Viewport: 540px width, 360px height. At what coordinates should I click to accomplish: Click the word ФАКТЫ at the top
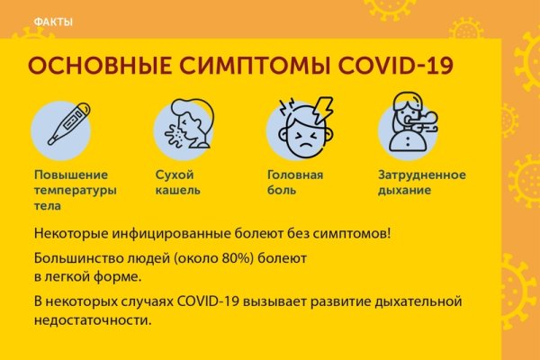click(52, 22)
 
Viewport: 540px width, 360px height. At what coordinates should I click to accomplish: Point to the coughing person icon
click(185, 126)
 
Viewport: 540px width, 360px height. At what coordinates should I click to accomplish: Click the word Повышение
click(71, 175)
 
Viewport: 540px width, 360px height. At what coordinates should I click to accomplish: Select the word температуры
click(76, 190)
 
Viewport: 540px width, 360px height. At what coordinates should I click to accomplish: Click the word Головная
click(295, 175)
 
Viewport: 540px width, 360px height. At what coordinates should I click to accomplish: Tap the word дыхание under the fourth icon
click(404, 190)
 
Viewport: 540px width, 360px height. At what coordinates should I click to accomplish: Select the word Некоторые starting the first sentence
click(71, 234)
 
